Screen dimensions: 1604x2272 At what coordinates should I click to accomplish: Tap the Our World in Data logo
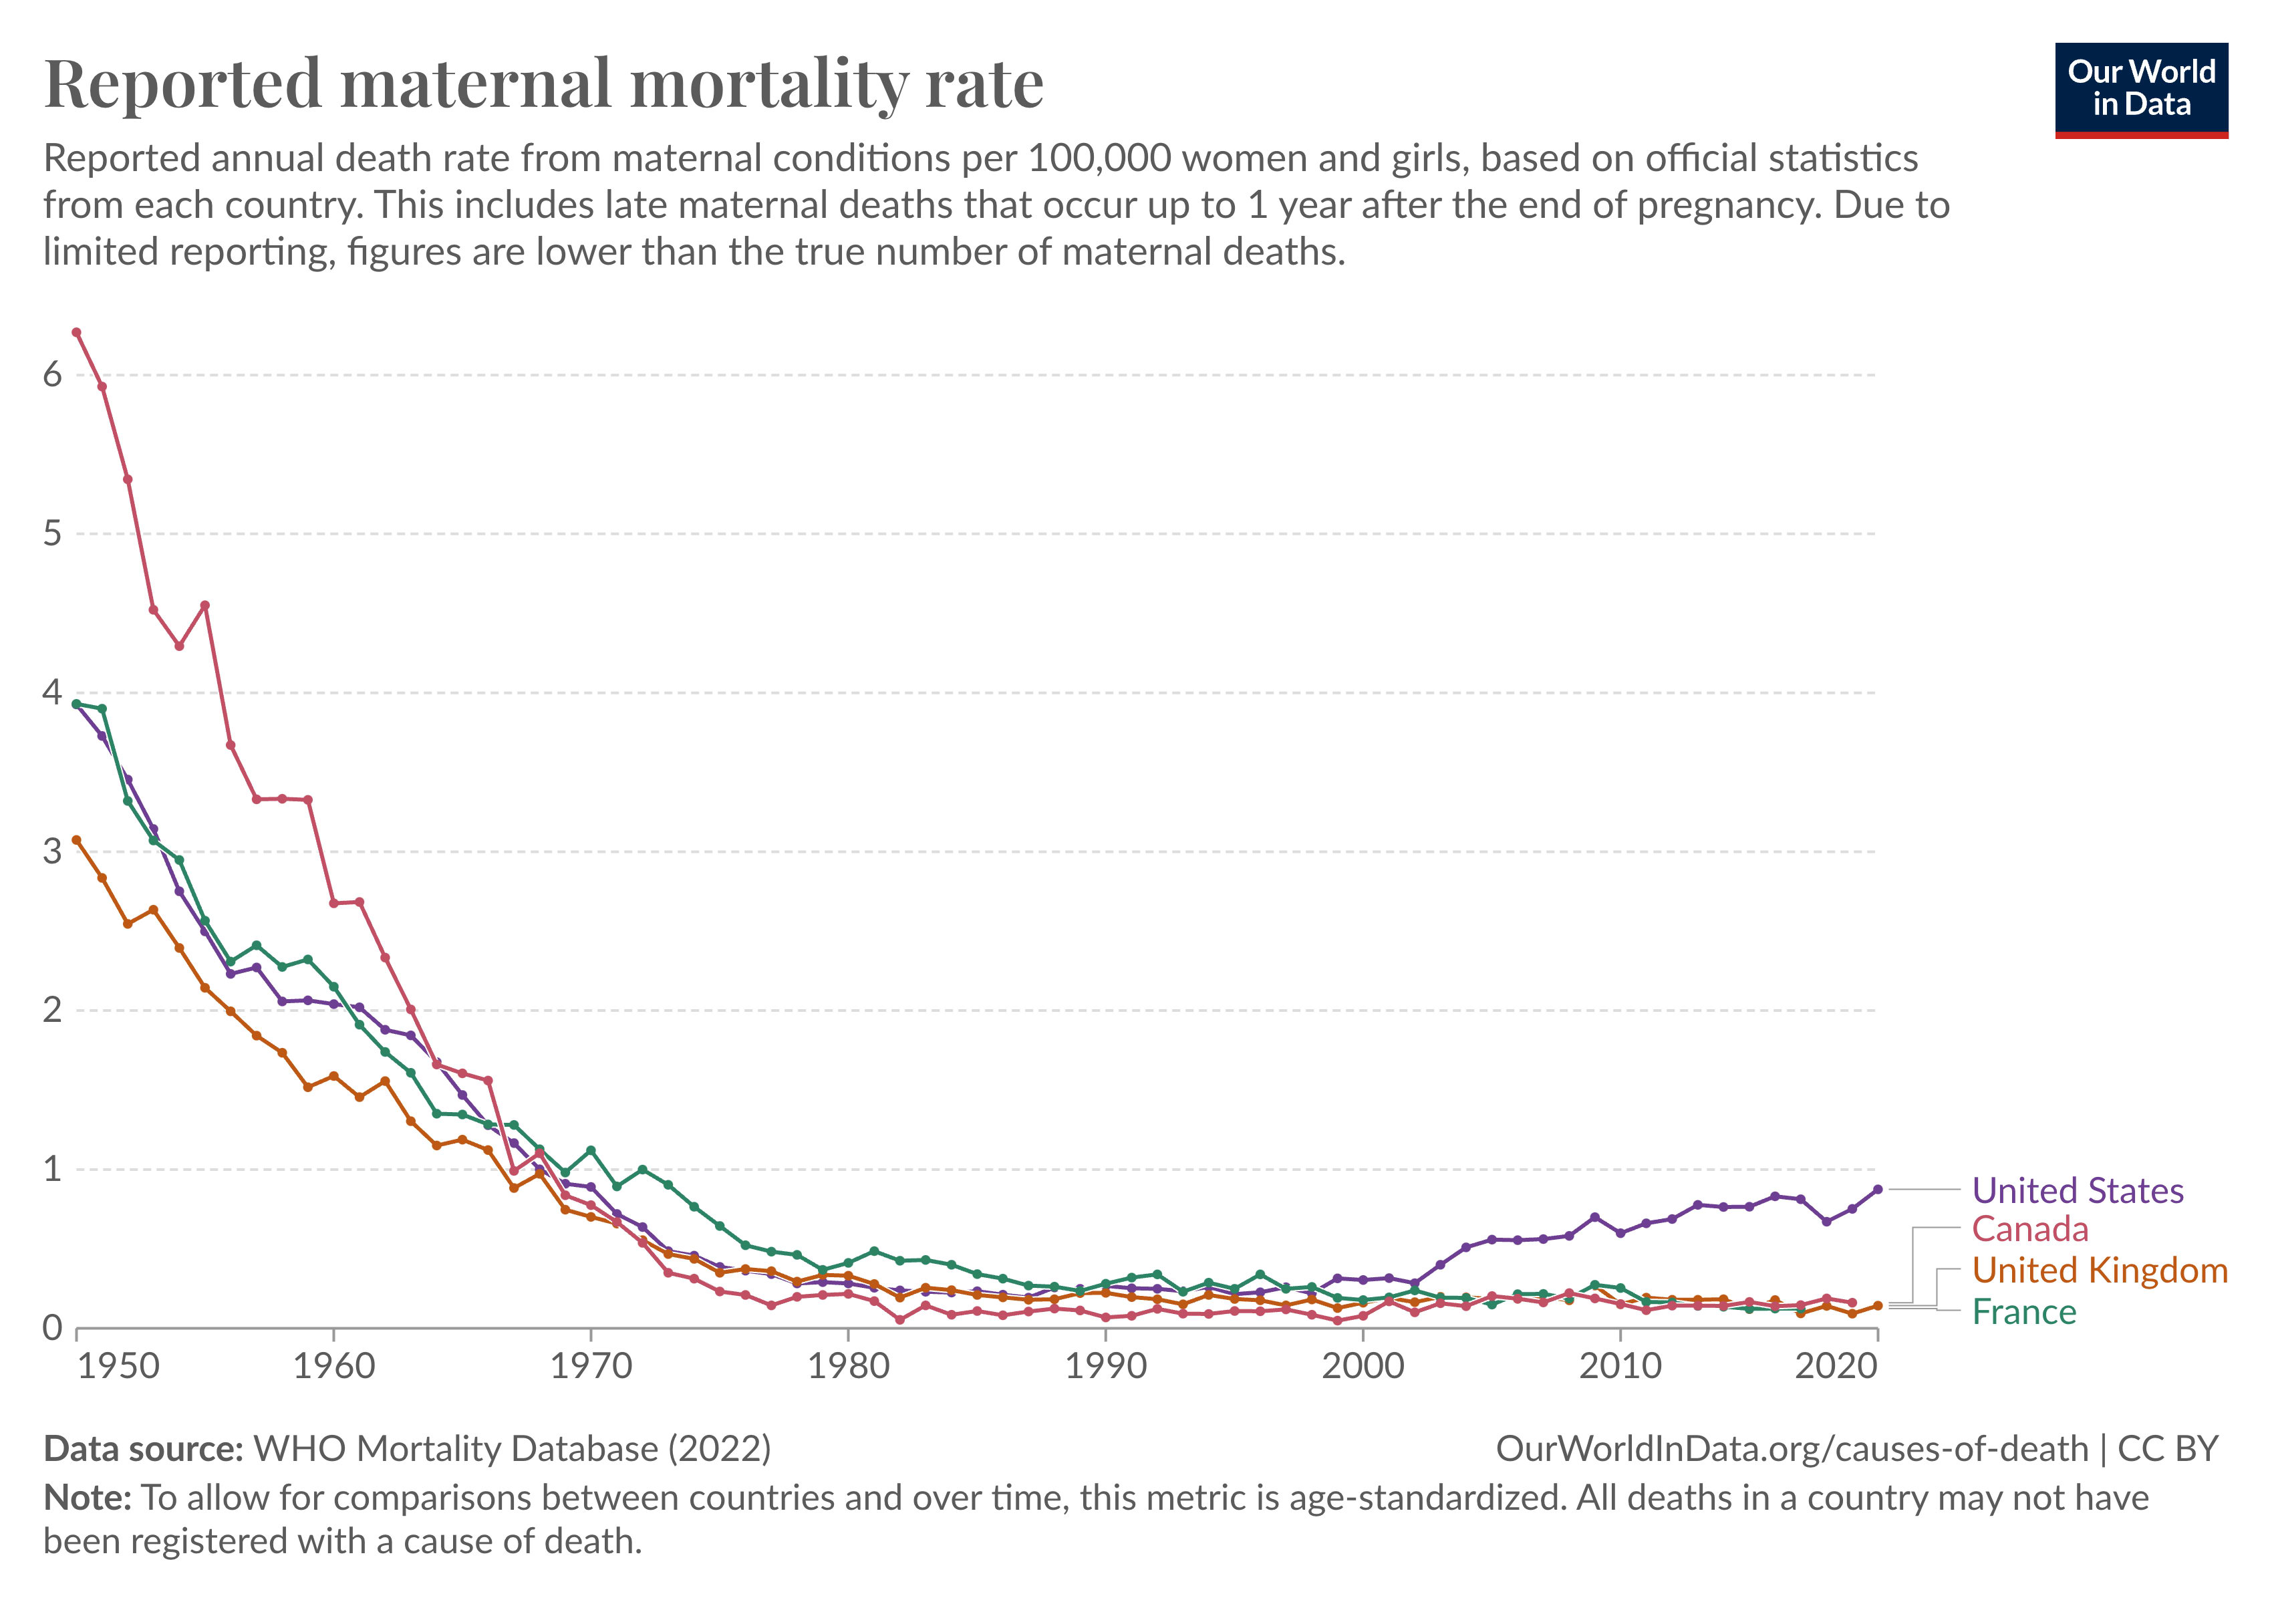tap(2142, 89)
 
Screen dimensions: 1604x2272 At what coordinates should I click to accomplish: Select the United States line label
tap(2077, 1190)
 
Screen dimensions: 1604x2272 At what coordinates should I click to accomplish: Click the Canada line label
tap(2029, 1229)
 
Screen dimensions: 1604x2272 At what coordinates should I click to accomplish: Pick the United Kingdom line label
tap(2099, 1271)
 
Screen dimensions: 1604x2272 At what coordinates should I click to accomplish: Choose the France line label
tap(2023, 1312)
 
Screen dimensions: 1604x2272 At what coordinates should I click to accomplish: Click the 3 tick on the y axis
tap(51, 852)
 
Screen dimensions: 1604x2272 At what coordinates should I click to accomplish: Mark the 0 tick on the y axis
tap(51, 1328)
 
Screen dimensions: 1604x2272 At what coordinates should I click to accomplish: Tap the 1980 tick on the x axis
tap(848, 1367)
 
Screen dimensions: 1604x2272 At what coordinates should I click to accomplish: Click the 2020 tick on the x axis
tap(1836, 1367)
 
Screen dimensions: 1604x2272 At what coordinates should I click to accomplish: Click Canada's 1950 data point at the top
tap(76, 332)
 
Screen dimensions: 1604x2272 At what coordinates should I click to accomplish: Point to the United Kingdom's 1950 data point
tap(76, 840)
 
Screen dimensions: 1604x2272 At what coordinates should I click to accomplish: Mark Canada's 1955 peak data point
tap(205, 606)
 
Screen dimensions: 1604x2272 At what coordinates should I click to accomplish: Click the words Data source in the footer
tap(144, 1449)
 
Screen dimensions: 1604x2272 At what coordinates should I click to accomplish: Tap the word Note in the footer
tap(87, 1498)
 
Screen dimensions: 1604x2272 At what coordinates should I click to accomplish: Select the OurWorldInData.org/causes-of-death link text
tap(1791, 1449)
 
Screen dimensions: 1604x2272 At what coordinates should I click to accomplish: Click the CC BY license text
tap(2167, 1449)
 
